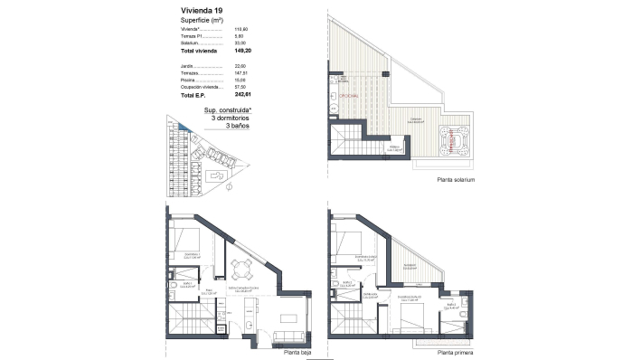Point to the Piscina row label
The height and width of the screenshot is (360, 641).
click(x=188, y=80)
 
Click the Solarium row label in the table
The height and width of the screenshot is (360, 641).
click(x=189, y=43)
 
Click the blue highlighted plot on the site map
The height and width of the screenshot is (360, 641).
click(x=183, y=135)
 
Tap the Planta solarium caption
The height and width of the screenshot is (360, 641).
click(x=456, y=179)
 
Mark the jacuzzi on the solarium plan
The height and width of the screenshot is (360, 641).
click(x=452, y=140)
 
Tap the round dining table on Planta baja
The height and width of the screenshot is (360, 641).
click(x=239, y=269)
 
